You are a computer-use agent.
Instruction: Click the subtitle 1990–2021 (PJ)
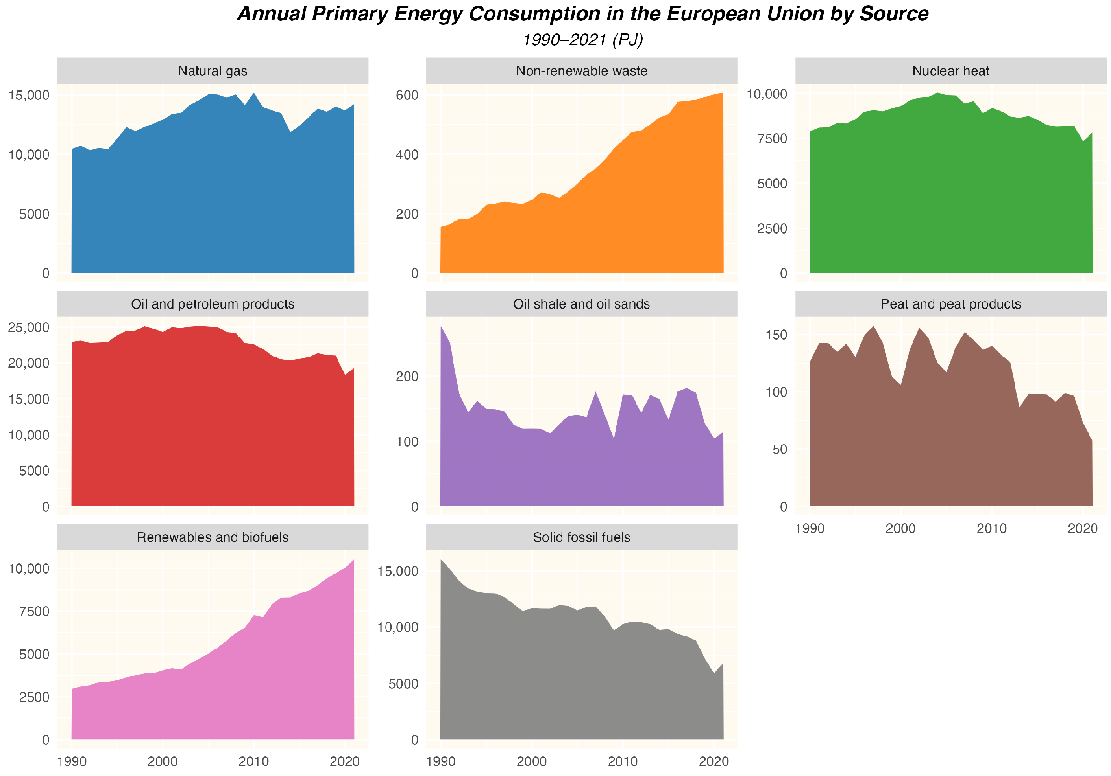pos(582,40)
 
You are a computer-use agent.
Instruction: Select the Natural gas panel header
pos(213,71)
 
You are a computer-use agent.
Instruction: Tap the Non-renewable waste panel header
pos(581,71)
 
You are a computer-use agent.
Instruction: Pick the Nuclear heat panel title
pos(950,71)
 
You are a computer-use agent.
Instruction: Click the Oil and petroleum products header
pos(213,304)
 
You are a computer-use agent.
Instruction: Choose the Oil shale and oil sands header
pos(581,304)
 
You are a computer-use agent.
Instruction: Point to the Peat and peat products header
pos(950,304)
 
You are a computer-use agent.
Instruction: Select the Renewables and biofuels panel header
pos(213,537)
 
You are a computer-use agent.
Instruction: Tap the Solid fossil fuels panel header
pos(581,537)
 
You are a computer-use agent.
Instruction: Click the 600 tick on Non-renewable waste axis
pos(407,95)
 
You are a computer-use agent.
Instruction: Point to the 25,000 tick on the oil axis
pos(29,327)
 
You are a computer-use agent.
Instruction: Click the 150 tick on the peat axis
pos(776,335)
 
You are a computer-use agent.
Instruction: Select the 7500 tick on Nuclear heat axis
pos(772,139)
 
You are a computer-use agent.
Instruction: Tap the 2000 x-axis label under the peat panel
pos(900,528)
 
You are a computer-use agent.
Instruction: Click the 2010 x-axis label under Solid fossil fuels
pos(622,761)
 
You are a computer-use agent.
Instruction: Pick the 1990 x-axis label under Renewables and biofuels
pos(72,761)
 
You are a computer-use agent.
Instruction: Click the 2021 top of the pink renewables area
pos(354,560)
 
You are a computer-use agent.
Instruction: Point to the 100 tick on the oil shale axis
pos(407,442)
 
